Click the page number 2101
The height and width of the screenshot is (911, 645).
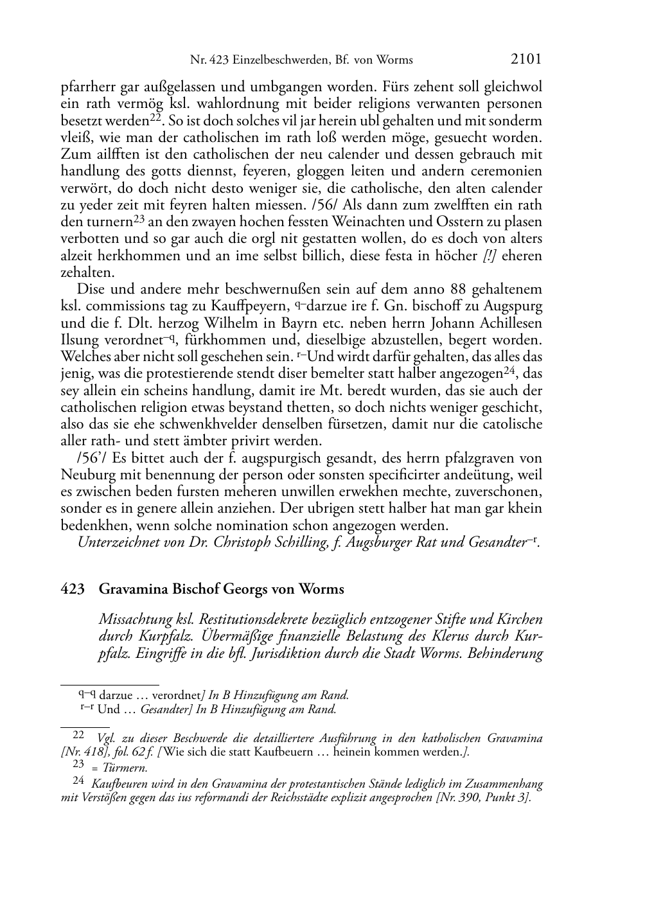pyautogui.click(x=526, y=59)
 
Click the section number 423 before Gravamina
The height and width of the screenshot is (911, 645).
pyautogui.click(x=71, y=589)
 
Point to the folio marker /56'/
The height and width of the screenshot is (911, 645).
pyautogui.click(x=91, y=458)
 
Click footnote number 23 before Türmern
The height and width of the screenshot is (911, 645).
pyautogui.click(x=79, y=765)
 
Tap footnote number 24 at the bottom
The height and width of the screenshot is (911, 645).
pyautogui.click(x=79, y=781)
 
